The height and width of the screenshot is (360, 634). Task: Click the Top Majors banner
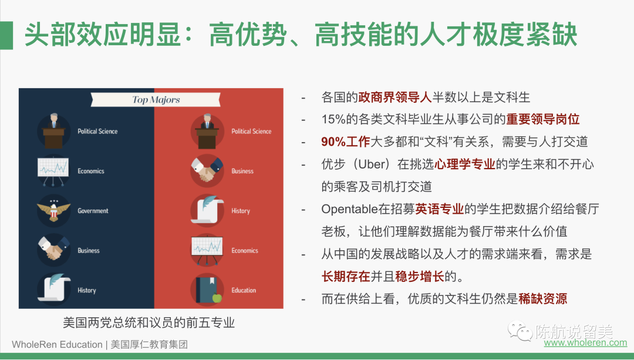pyautogui.click(x=156, y=99)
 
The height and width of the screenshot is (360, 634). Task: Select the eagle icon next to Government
pyautogui.click(x=54, y=210)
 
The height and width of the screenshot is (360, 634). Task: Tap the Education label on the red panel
pyautogui.click(x=244, y=290)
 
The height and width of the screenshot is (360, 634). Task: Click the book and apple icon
pyautogui.click(x=207, y=290)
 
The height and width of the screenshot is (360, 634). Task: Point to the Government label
pyautogui.click(x=93, y=211)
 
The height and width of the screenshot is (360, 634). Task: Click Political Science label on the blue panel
pyautogui.click(x=97, y=131)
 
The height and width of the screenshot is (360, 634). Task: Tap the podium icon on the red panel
pyautogui.click(x=207, y=131)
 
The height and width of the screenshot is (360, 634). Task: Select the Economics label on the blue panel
pyautogui.click(x=90, y=171)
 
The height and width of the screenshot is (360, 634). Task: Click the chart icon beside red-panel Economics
pyautogui.click(x=207, y=250)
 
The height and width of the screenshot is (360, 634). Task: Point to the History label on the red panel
pyautogui.click(x=241, y=211)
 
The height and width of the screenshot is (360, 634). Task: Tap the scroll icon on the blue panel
pyautogui.click(x=54, y=289)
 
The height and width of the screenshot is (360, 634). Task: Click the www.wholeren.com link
pyautogui.click(x=585, y=342)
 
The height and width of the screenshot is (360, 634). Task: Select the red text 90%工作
pyautogui.click(x=346, y=142)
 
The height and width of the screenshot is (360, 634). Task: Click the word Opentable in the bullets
pyautogui.click(x=349, y=209)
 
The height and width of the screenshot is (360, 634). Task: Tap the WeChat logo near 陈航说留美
pyautogui.click(x=520, y=331)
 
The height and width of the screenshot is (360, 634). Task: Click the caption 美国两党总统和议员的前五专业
pyautogui.click(x=149, y=323)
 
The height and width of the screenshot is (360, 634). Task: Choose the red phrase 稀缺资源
pyautogui.click(x=542, y=299)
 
